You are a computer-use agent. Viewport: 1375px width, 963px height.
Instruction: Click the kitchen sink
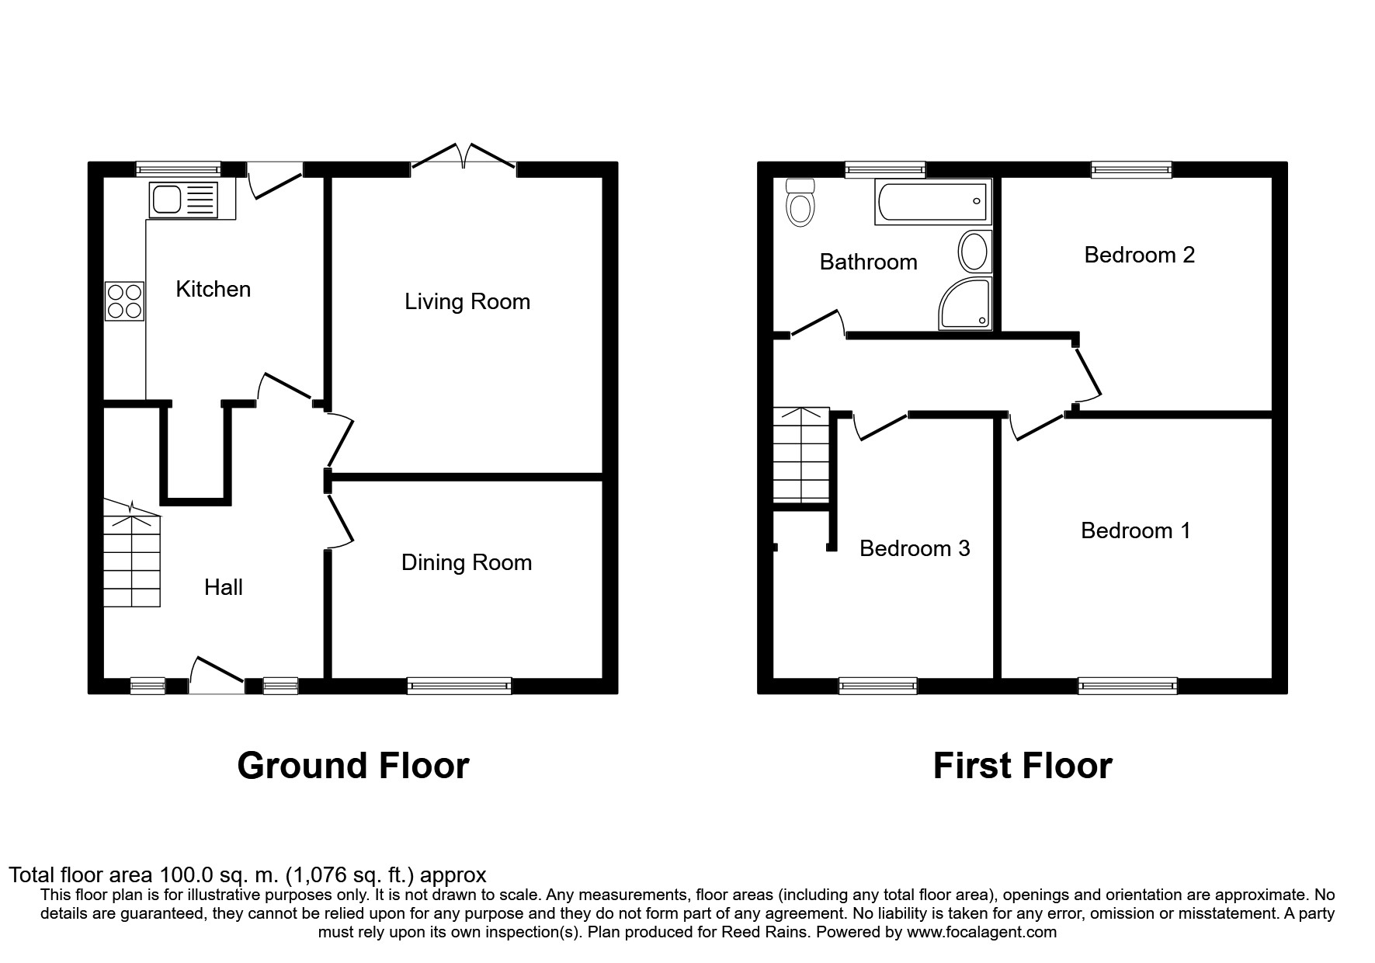coord(184,200)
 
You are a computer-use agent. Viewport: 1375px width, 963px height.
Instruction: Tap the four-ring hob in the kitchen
coord(125,301)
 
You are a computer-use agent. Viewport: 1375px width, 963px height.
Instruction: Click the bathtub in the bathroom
coord(933,202)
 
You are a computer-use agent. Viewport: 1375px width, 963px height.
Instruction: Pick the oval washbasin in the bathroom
coord(974,252)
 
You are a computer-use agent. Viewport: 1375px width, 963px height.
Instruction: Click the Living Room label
coord(467,301)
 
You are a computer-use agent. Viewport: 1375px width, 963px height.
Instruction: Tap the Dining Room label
coord(467,563)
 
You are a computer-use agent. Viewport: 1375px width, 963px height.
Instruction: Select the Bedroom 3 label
coord(915,548)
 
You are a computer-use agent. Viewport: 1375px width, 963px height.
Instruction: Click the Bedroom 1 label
coord(1135,530)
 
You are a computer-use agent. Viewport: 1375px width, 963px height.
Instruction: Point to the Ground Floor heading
coord(353,766)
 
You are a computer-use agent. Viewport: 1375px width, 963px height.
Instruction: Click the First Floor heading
coord(1023,766)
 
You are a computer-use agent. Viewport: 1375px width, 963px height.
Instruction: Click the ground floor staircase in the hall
coord(132,554)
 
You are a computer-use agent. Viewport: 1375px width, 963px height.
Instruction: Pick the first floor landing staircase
coord(801,454)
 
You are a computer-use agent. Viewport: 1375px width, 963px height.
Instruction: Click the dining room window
coord(460,685)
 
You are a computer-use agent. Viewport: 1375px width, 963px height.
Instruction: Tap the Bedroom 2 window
coord(1131,169)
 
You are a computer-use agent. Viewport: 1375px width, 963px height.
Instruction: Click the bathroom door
coord(818,324)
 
